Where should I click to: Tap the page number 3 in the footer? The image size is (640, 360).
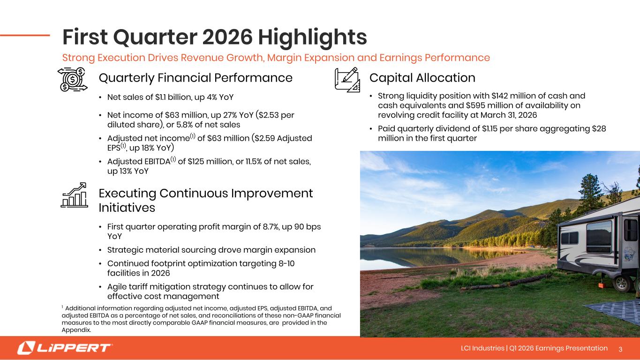coord(620,349)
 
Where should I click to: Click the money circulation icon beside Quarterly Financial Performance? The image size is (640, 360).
coord(73,79)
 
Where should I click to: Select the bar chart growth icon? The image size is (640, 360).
coord(74,195)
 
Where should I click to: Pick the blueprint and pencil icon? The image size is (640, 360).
coord(347,80)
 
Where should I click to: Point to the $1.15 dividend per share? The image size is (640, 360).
coord(489,128)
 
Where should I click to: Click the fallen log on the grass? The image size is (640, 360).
coord(506,282)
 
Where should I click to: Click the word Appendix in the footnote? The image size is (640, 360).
coord(76,330)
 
